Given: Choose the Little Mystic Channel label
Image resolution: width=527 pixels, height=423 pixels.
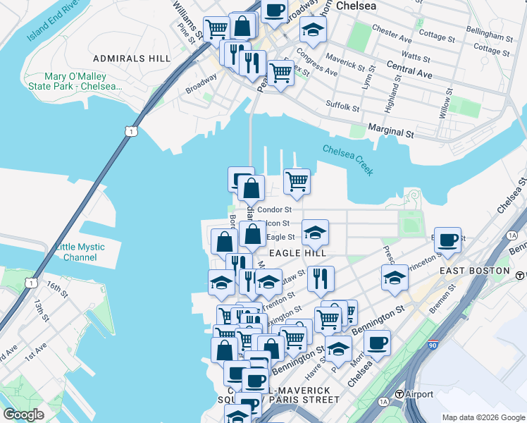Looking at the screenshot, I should click(x=80, y=252).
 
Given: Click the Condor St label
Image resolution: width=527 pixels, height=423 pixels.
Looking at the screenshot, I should click(x=274, y=209).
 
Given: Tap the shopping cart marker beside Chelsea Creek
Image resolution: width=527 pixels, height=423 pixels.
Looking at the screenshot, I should click(x=297, y=181).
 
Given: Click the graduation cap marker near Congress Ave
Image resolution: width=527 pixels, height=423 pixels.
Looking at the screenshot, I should click(x=313, y=30).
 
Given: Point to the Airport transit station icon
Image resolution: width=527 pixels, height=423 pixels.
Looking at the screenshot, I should click(x=399, y=394).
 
